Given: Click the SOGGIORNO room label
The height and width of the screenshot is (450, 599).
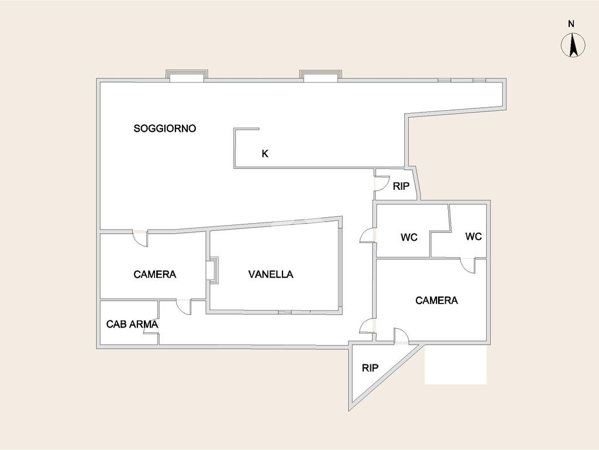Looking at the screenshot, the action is click(164, 128).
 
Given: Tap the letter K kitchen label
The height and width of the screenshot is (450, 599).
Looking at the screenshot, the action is click(265, 154).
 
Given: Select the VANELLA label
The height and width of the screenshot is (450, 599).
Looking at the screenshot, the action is click(270, 274).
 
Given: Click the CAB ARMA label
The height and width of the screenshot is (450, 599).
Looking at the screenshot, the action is click(132, 324).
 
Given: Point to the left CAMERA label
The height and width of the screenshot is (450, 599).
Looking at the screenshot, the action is click(154, 274).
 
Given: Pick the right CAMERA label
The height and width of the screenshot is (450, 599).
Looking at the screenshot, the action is click(436, 301).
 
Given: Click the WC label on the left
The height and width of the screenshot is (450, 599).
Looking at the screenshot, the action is click(409, 237).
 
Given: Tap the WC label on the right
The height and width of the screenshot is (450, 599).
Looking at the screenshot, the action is click(473, 237).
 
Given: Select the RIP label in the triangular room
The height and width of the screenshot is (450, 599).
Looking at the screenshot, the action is click(370, 368).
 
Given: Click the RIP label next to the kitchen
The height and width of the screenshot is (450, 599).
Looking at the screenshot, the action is click(401, 186).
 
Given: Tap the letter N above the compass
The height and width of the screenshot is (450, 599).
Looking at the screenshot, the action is click(571, 23).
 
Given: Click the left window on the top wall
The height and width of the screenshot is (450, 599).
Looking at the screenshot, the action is click(187, 76).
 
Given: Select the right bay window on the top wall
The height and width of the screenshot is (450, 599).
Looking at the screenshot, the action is click(321, 76).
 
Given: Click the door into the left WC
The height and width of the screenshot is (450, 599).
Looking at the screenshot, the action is click(367, 235).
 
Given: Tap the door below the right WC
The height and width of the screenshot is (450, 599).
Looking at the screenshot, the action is click(468, 265).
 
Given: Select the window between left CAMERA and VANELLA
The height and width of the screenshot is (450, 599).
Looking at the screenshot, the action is click(212, 270).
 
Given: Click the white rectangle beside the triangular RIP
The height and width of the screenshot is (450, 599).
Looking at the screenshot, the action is click(455, 364).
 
